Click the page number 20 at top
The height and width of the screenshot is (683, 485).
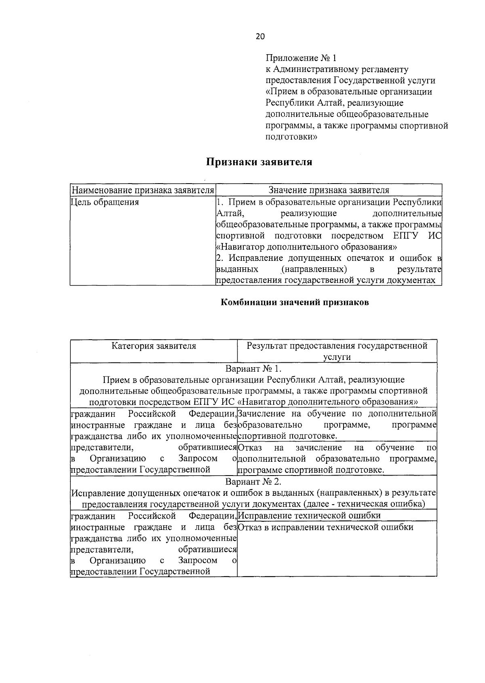pos(260,36)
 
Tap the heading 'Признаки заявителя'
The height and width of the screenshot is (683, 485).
pos(259,162)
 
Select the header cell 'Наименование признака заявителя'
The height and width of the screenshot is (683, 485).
pos(142,190)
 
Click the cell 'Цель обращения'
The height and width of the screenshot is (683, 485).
pos(105,202)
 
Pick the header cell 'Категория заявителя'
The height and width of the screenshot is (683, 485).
pos(154,346)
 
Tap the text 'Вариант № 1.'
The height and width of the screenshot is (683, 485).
pos(253,369)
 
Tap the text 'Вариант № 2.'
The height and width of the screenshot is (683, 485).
pos(253,482)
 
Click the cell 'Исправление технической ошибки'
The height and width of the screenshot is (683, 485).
pos(310,516)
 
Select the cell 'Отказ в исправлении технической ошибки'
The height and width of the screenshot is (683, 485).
pos(326,527)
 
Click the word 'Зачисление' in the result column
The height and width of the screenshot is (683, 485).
pos(259,414)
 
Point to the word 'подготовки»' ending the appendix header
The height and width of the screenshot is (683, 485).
pos(291,137)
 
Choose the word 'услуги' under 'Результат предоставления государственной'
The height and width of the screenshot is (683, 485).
pos(337,357)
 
